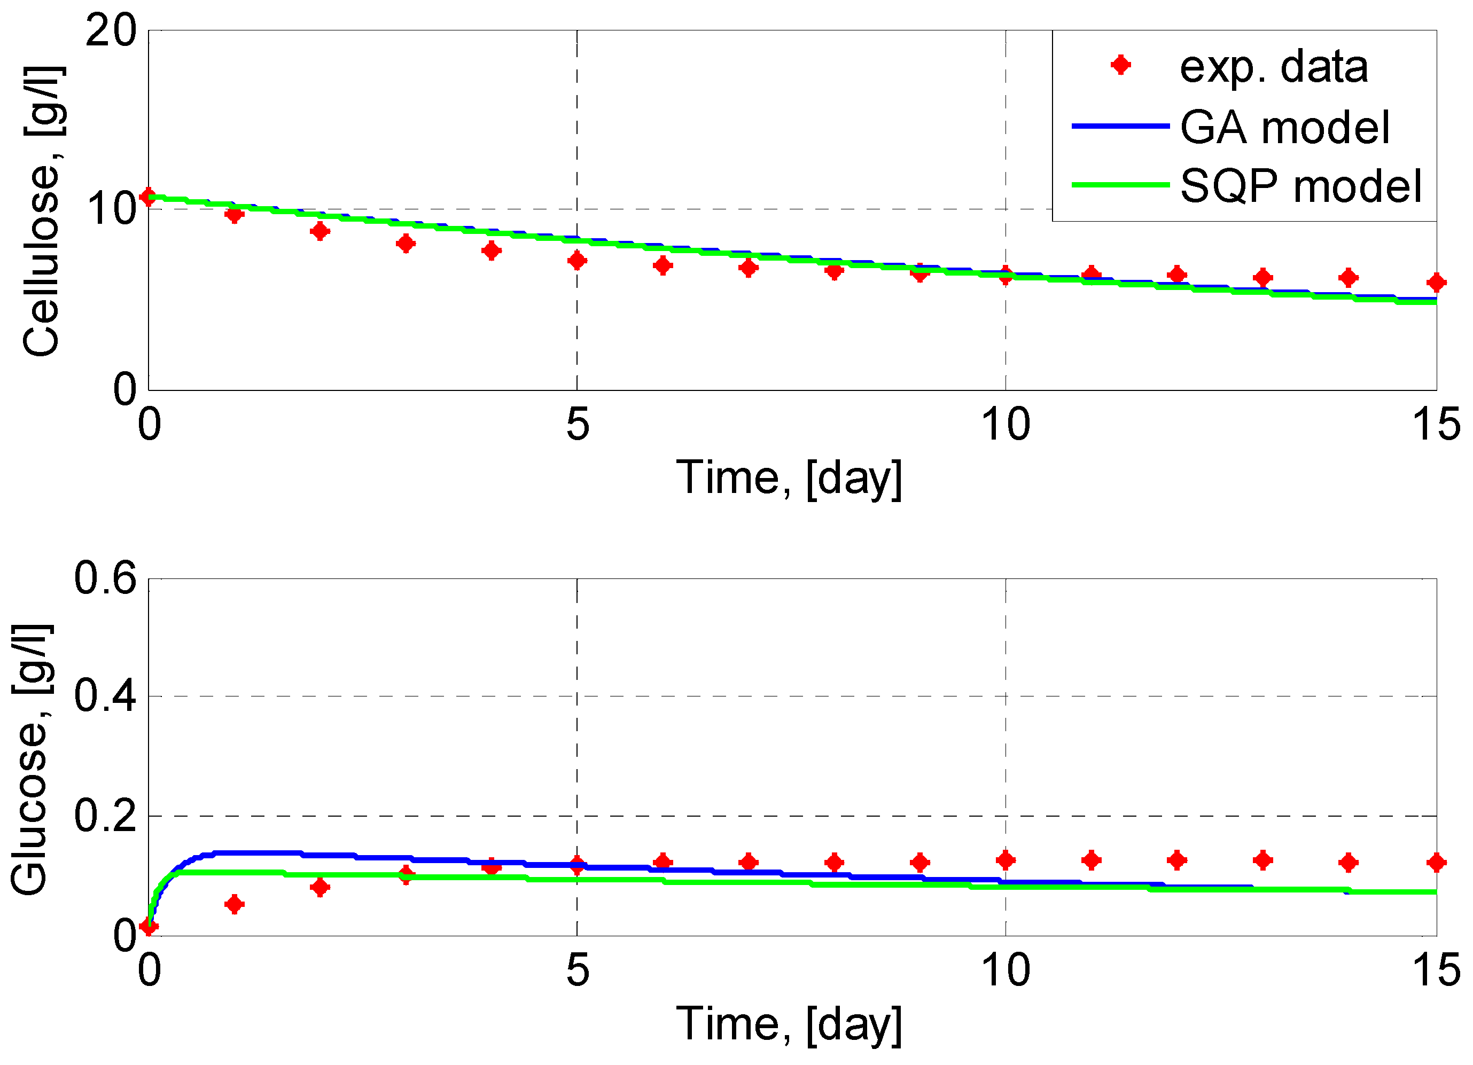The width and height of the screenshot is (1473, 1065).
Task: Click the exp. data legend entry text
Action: [1273, 67]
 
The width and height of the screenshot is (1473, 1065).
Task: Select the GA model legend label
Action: [1284, 127]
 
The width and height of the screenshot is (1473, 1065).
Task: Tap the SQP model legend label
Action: [1301, 186]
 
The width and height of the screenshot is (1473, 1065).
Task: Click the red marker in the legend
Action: [1120, 65]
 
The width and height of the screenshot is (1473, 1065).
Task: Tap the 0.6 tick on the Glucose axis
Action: [105, 578]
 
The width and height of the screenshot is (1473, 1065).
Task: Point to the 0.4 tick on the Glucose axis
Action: [105, 695]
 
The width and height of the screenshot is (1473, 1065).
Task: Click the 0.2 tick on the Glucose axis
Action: [105, 816]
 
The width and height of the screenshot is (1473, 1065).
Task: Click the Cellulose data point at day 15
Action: [1436, 283]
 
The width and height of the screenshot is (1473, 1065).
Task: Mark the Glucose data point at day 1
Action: [235, 904]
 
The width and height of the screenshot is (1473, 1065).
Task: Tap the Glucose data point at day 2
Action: [319, 887]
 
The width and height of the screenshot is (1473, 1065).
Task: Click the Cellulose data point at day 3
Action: [406, 244]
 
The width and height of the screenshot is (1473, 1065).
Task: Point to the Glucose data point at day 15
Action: [1436, 863]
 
